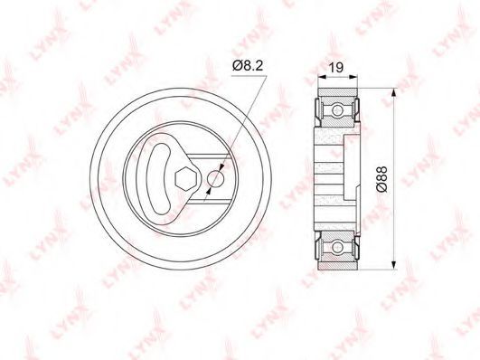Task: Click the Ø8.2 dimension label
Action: click(x=248, y=65)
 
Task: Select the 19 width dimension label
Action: click(x=336, y=68)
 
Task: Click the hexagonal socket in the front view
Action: click(x=185, y=179)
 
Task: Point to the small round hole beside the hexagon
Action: click(x=215, y=179)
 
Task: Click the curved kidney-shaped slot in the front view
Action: click(x=159, y=179)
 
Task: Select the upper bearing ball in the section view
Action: click(x=337, y=109)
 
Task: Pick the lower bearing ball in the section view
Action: click(x=337, y=246)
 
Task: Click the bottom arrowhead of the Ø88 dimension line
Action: click(x=394, y=265)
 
